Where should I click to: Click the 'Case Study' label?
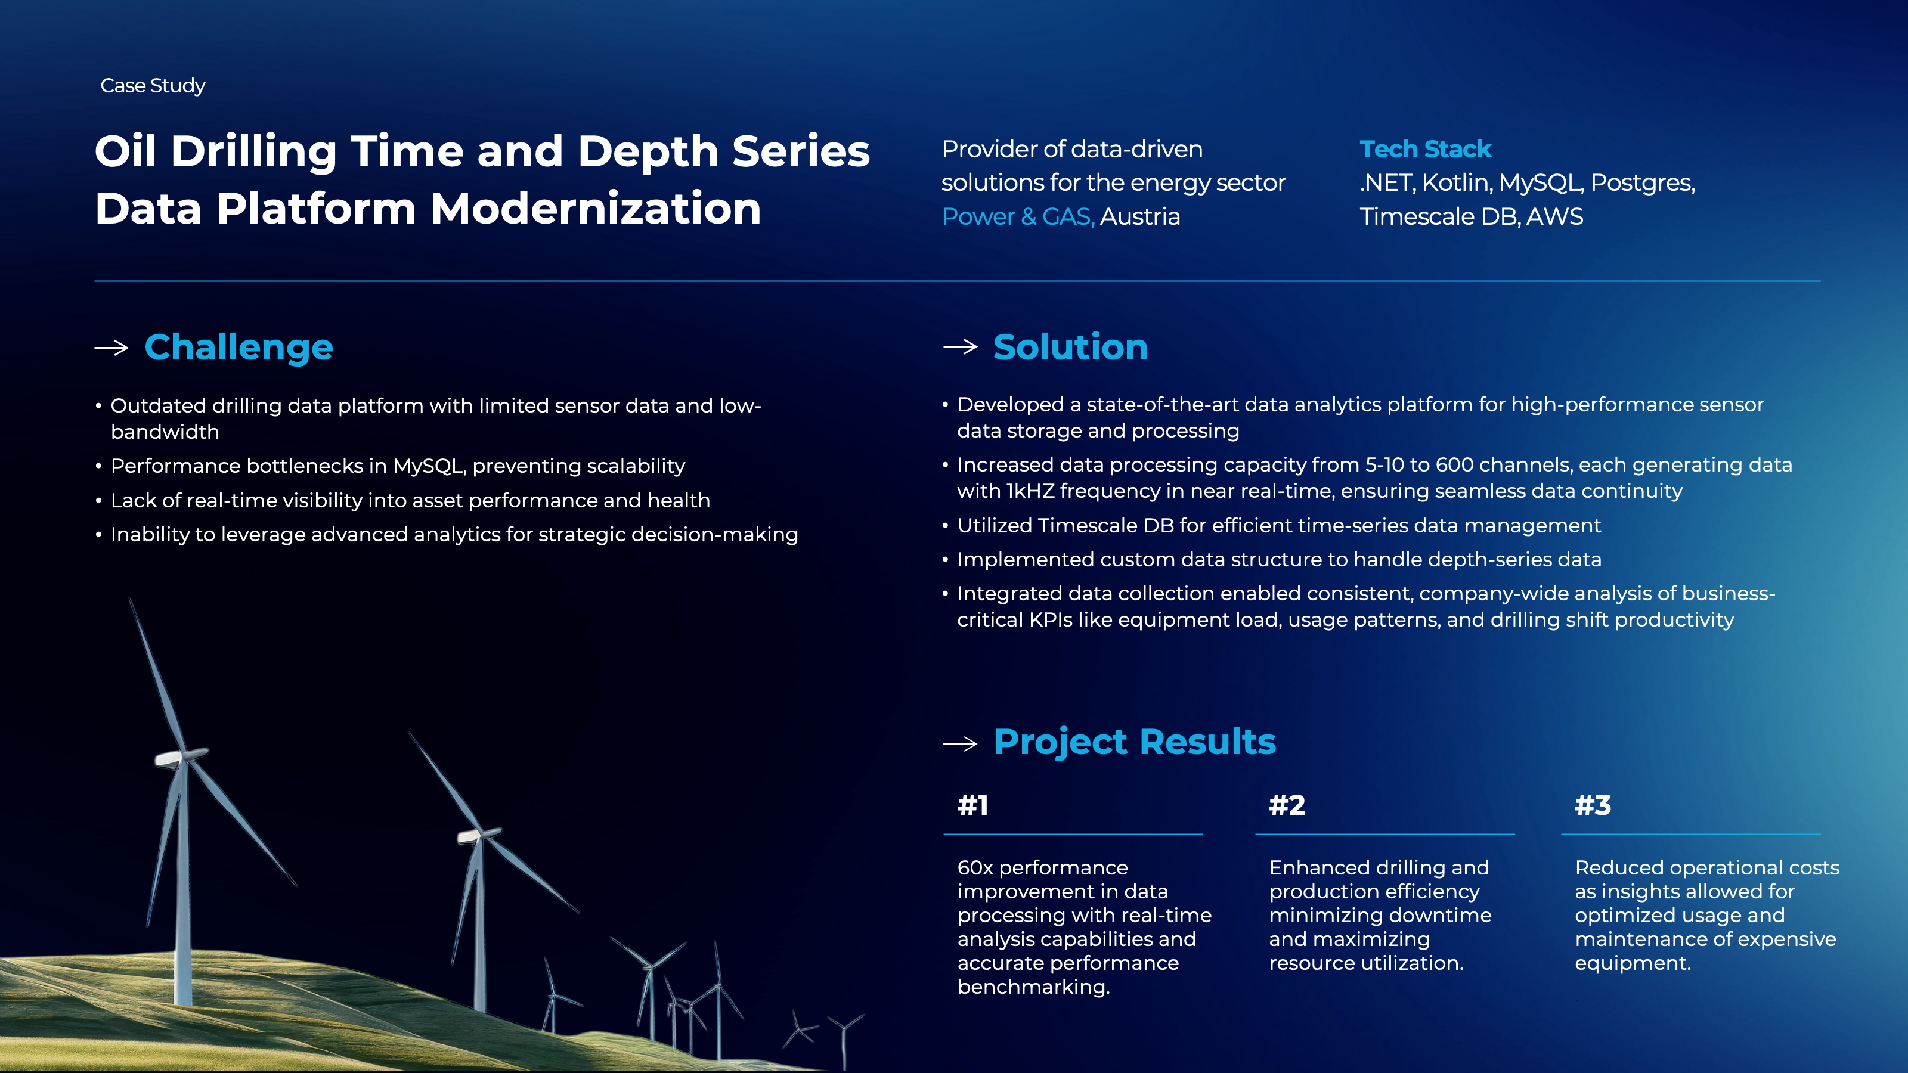pyautogui.click(x=153, y=86)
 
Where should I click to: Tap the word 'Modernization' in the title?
pyautogui.click(x=596, y=208)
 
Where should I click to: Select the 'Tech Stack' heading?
pyautogui.click(x=1425, y=149)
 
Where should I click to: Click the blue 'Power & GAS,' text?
pyautogui.click(x=1018, y=216)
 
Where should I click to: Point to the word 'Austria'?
pyautogui.click(x=1140, y=216)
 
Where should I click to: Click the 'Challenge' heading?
pyautogui.click(x=238, y=348)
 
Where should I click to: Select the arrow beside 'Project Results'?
pyautogui.click(x=961, y=743)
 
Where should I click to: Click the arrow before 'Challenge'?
pyautogui.click(x=112, y=348)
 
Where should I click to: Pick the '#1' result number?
pyautogui.click(x=972, y=805)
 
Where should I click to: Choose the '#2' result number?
pyautogui.click(x=1287, y=805)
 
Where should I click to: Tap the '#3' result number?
pyautogui.click(x=1593, y=805)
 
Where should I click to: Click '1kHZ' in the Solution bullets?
pyautogui.click(x=1030, y=491)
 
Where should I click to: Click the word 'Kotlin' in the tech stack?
pyautogui.click(x=1455, y=182)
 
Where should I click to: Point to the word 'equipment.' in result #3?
pyautogui.click(x=1633, y=963)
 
